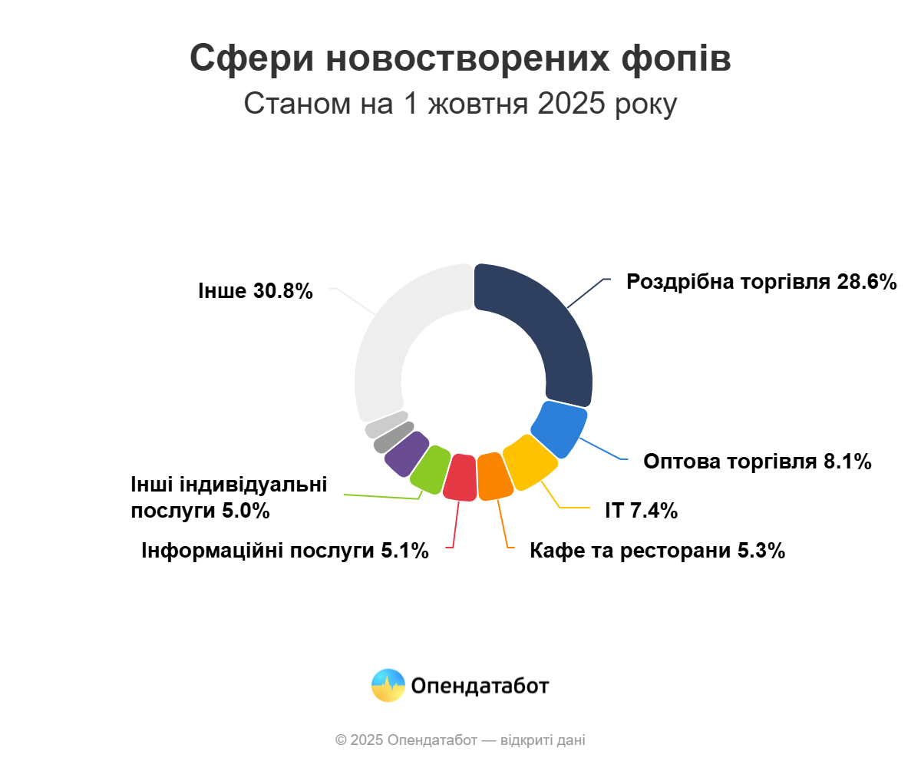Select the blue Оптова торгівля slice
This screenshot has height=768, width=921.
559,429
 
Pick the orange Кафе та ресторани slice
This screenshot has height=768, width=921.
494,476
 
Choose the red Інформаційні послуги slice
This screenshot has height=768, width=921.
461,477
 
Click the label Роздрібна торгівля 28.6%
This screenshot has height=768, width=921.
761,282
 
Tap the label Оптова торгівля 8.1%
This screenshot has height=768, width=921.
757,462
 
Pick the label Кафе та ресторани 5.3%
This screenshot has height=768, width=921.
657,551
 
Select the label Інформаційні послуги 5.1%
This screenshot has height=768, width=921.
285,551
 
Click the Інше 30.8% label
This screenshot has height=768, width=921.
256,291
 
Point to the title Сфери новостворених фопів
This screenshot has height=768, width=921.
460,59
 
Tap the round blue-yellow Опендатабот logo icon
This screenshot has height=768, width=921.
388,685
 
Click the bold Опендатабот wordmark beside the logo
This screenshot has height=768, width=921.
480,685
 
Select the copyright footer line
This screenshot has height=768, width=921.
460,740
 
